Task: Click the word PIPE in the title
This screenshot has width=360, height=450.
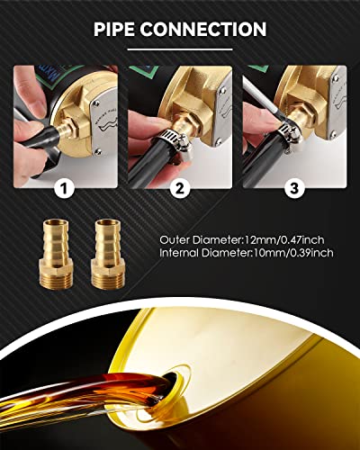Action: click(x=114, y=29)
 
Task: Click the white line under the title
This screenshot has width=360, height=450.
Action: click(x=180, y=49)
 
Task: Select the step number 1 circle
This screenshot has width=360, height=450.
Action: click(x=64, y=188)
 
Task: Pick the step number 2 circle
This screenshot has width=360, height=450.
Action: click(x=180, y=188)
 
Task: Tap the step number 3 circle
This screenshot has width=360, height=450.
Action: click(x=294, y=188)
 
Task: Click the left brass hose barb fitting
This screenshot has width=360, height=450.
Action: click(x=56, y=254)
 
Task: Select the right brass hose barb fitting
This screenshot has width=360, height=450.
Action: click(x=108, y=254)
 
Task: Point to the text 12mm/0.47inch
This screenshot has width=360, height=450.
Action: click(x=284, y=240)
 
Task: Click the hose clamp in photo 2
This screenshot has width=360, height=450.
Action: click(x=173, y=143)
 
